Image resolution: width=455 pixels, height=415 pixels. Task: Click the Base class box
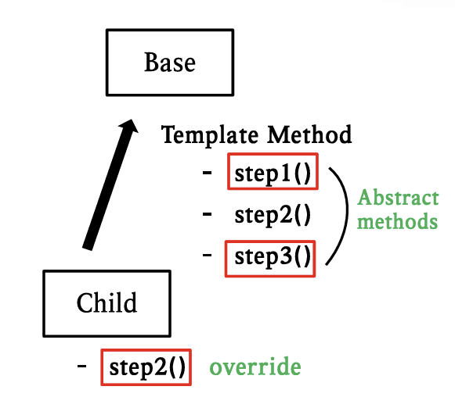(x=169, y=63)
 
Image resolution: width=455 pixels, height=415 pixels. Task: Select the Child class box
(x=107, y=302)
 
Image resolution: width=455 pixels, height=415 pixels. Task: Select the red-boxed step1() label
(x=273, y=173)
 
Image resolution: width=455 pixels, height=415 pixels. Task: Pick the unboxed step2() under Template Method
(x=273, y=214)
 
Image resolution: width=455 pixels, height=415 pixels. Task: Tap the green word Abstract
(x=397, y=199)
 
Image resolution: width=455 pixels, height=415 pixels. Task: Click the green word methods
(x=397, y=221)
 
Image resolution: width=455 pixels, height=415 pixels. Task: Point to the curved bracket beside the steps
(x=345, y=214)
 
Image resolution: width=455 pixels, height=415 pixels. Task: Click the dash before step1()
(x=208, y=172)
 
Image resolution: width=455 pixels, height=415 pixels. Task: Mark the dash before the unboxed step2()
(x=208, y=213)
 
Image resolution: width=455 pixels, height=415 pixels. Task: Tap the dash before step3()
(x=208, y=255)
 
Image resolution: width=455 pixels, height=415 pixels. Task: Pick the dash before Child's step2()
(x=82, y=366)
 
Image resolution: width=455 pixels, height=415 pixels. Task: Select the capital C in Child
(x=85, y=302)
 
